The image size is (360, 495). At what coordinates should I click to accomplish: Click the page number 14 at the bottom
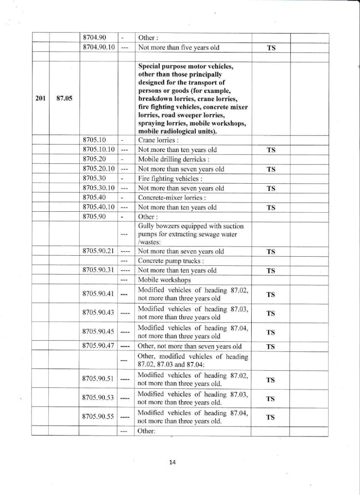point(173,462)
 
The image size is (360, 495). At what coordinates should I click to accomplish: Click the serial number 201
point(41,98)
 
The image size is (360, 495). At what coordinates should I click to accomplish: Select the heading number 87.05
point(64,98)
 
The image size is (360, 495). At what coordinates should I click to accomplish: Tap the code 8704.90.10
point(99,48)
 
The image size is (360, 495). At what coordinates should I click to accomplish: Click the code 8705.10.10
point(99,149)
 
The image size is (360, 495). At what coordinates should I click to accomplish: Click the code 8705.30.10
point(99,188)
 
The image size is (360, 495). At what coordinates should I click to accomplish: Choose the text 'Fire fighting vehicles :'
point(165,178)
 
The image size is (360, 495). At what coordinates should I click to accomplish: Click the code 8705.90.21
point(99,251)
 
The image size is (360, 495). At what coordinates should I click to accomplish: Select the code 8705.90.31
point(99,270)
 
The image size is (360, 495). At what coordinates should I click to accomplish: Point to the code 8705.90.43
point(99,313)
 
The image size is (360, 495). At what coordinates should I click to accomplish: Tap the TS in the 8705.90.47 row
point(271,346)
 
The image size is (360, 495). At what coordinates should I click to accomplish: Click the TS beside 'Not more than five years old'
point(271,48)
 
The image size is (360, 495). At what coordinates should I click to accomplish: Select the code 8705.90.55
point(99,417)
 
